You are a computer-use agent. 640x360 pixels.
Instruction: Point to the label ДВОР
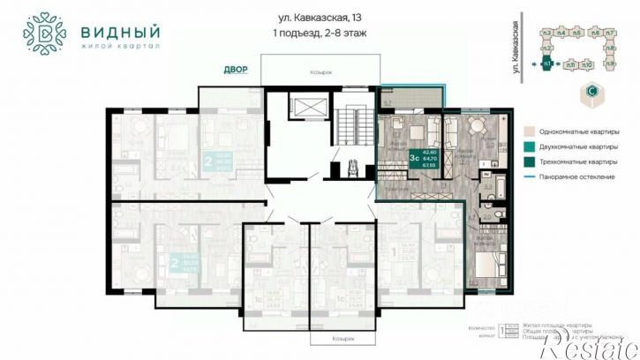pos(236,69)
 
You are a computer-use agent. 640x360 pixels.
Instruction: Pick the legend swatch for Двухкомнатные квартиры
pos(527,146)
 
